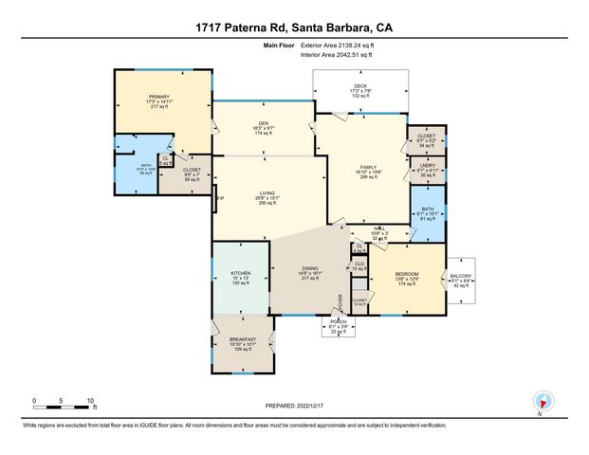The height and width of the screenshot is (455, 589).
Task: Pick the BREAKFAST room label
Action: pyautogui.click(x=244, y=341)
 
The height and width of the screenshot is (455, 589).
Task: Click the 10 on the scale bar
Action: pyautogui.click(x=92, y=399)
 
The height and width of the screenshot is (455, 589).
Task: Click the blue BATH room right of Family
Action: pyautogui.click(x=427, y=211)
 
